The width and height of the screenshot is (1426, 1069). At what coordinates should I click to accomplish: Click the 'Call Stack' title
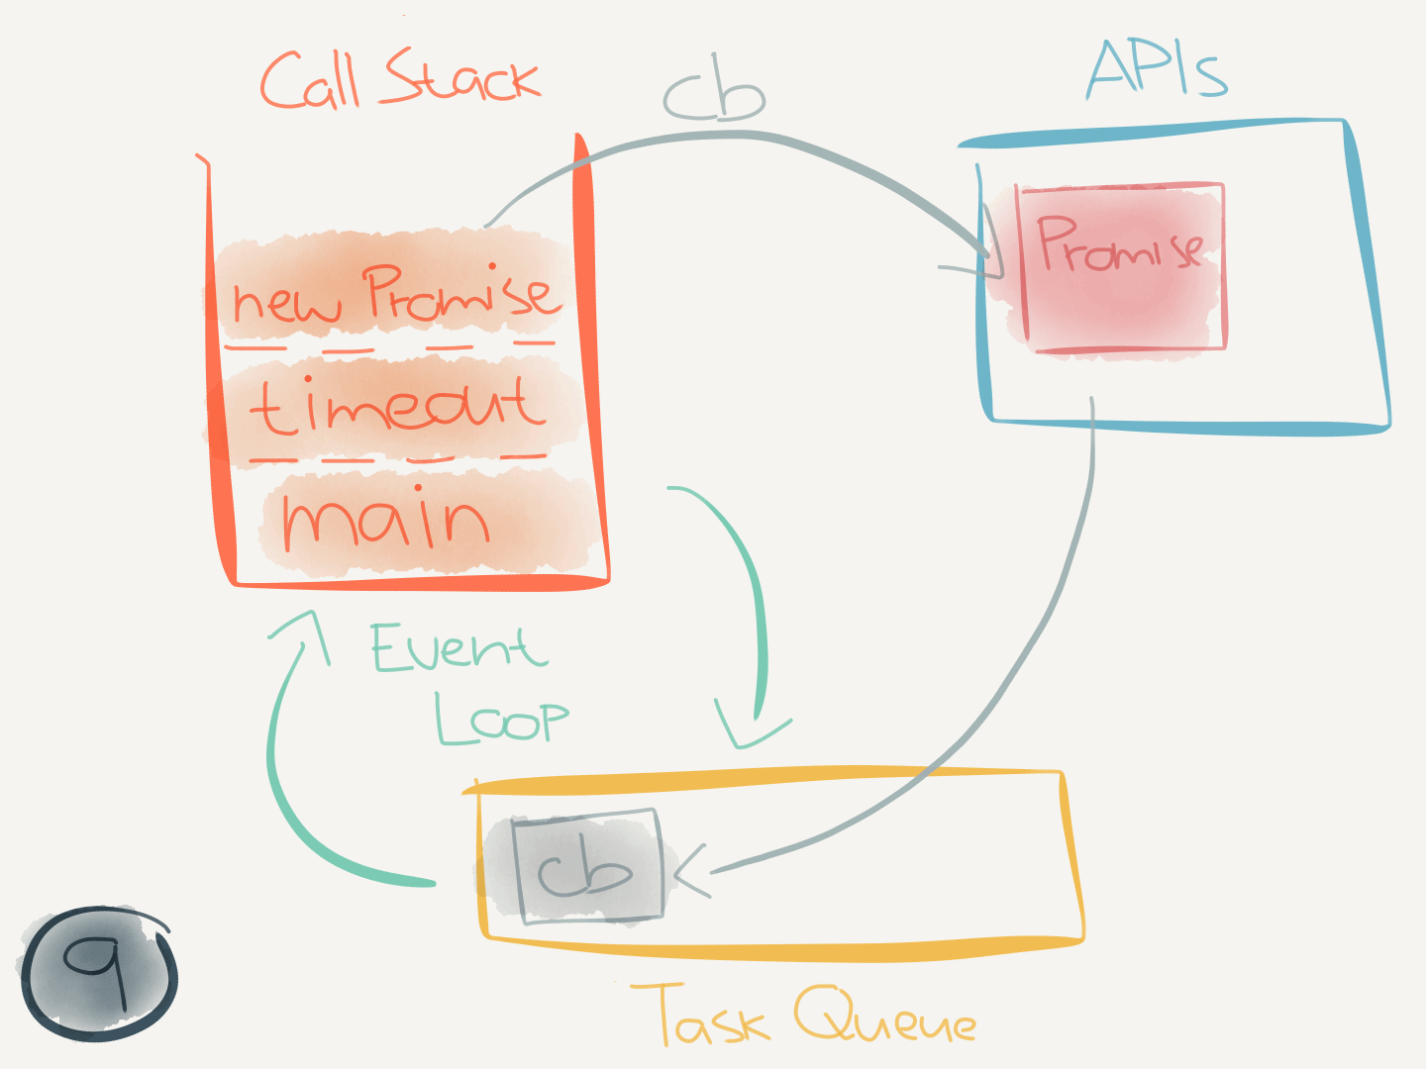pos(400,79)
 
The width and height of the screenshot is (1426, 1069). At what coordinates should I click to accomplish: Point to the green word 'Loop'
pos(502,719)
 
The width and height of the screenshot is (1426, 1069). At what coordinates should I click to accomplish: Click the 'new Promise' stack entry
pos(394,294)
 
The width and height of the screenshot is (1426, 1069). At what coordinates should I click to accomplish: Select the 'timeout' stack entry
pos(396,406)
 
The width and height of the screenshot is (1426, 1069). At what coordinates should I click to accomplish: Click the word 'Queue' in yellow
pos(884,1018)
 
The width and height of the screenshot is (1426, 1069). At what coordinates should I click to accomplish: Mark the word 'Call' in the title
pos(309,81)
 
